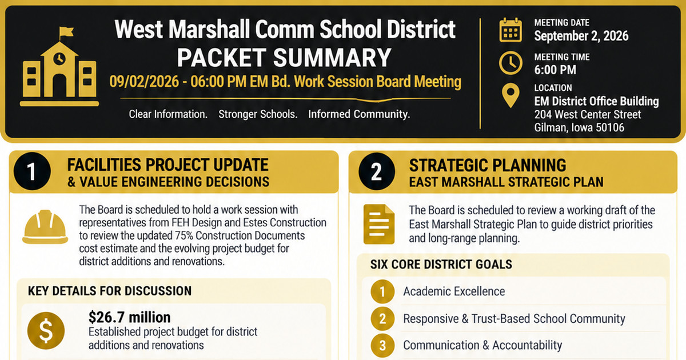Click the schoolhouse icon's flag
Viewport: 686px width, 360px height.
click(x=66, y=32)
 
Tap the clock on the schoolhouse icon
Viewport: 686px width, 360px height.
click(x=59, y=58)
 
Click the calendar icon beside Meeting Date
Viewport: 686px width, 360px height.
click(x=510, y=30)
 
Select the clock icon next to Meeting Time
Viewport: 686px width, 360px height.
click(x=510, y=63)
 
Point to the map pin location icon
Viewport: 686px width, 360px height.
click(x=510, y=95)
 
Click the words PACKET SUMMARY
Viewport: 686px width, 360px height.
click(x=284, y=58)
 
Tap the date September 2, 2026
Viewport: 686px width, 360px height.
click(x=581, y=36)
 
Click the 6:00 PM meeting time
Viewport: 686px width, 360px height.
click(x=555, y=70)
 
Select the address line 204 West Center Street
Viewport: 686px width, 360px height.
click(x=588, y=114)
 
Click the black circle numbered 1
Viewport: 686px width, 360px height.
click(x=32, y=171)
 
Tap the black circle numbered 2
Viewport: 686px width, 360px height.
click(x=377, y=171)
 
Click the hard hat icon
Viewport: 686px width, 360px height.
click(x=45, y=226)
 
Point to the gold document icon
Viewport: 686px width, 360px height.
click(x=379, y=224)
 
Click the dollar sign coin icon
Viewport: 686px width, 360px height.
click(x=46, y=331)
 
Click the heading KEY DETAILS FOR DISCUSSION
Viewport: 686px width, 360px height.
click(x=110, y=291)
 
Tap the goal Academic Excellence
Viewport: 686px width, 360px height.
click(x=454, y=291)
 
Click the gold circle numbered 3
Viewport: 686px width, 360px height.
click(x=382, y=346)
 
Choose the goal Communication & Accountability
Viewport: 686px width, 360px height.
click(x=482, y=345)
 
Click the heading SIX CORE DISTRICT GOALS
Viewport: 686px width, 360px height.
click(x=441, y=264)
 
